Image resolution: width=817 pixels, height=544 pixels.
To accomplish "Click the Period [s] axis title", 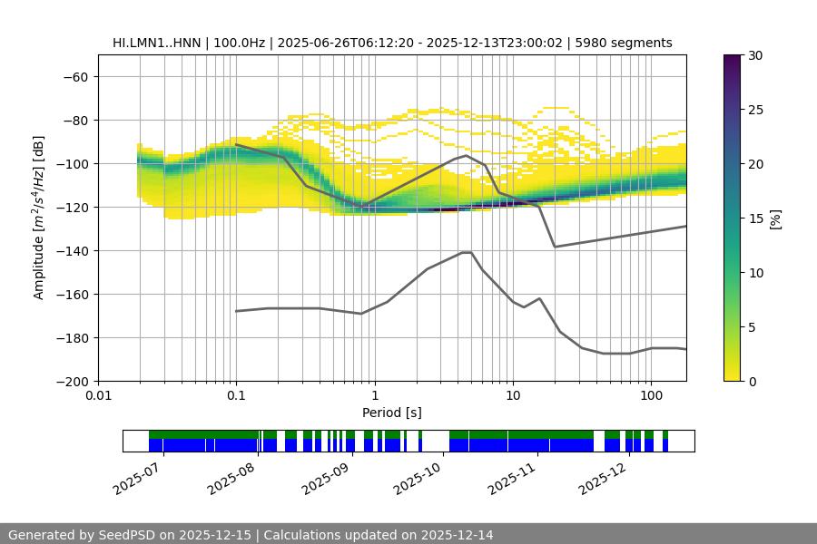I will point(391,413).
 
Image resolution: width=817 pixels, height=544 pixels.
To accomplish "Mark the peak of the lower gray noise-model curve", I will point(467,252).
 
